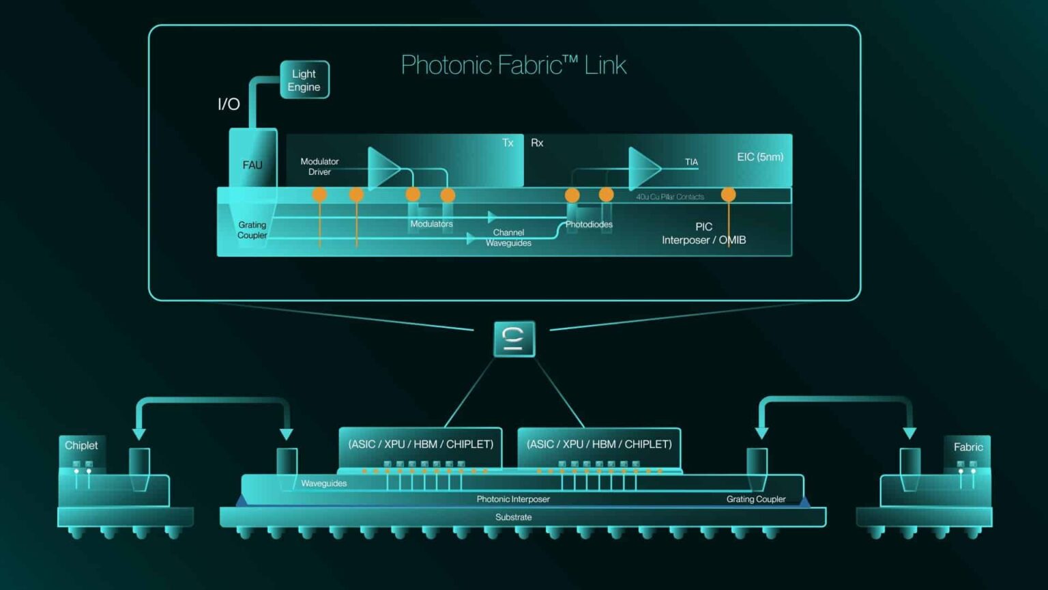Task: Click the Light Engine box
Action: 304,80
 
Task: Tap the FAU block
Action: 252,165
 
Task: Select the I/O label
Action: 229,104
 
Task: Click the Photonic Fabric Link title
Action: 513,65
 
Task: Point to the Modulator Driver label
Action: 319,167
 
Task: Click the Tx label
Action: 508,143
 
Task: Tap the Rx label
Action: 537,143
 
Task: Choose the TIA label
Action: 691,162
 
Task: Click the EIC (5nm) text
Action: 760,157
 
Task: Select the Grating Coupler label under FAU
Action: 252,230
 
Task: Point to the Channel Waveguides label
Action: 508,238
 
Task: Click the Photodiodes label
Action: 589,224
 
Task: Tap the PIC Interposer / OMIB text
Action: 703,234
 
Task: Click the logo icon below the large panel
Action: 514,339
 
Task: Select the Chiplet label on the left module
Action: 81,445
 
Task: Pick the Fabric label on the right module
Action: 967,447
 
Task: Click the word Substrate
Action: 513,517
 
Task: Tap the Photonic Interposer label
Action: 513,499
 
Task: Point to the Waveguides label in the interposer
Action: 323,483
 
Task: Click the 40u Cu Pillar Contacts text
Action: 670,197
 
